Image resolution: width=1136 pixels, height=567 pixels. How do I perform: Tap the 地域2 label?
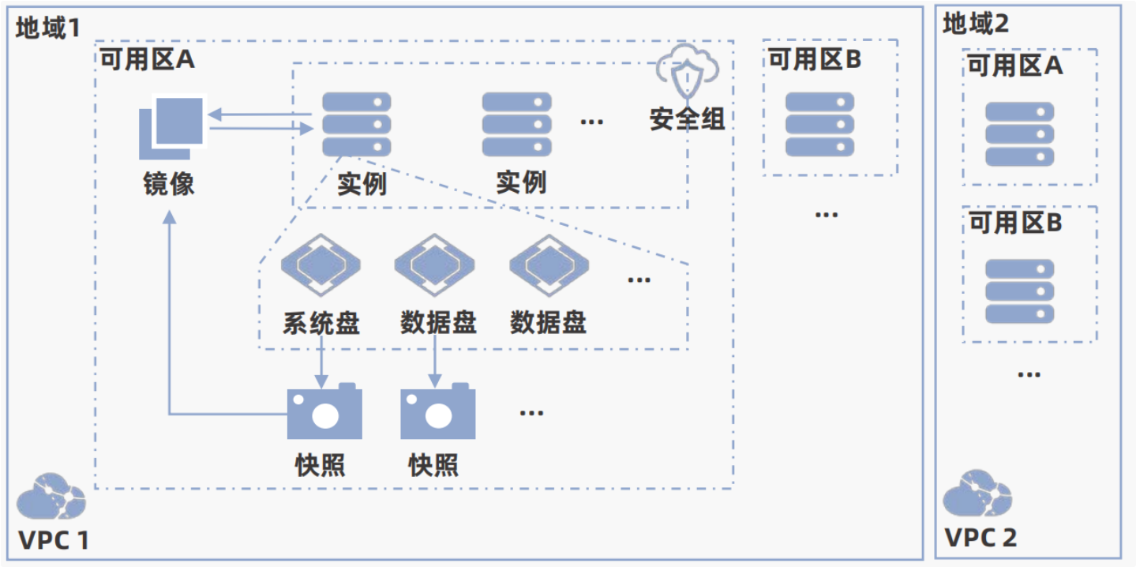[976, 24]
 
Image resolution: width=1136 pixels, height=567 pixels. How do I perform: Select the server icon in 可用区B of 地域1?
[820, 124]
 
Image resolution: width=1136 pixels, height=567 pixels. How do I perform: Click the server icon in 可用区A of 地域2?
[1019, 134]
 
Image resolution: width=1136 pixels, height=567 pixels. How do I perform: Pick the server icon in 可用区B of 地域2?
[1019, 291]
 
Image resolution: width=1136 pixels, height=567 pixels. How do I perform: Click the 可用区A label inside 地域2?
[1015, 66]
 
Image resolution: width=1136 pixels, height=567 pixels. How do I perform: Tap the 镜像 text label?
[169, 183]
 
